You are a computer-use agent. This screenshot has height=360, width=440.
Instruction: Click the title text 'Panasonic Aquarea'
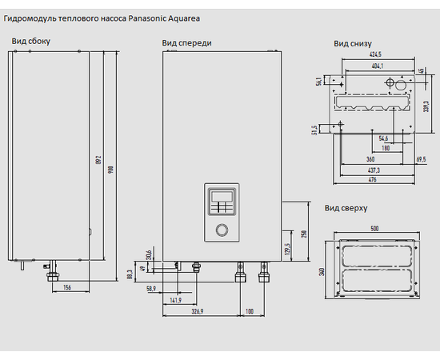[164, 17]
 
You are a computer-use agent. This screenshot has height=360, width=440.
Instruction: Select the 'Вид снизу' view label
[351, 45]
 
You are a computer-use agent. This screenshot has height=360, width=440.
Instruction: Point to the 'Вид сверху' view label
[346, 208]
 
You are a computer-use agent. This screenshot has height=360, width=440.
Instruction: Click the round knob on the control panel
[222, 232]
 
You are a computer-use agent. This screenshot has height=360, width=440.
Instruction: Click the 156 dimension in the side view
[67, 287]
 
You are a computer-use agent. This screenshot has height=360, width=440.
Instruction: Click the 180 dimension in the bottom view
[386, 147]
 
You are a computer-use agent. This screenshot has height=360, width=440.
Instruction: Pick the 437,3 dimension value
[374, 170]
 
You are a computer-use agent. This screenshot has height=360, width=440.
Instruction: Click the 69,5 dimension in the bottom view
[421, 159]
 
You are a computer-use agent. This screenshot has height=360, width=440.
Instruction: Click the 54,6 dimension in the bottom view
[383, 138]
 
